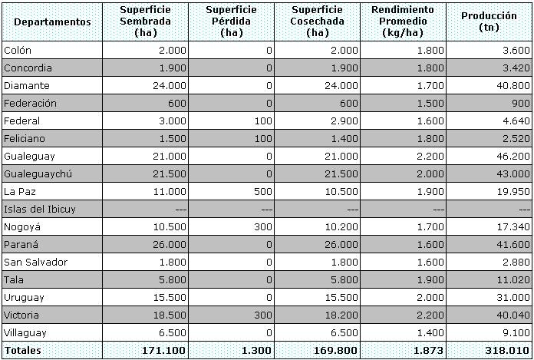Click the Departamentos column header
click(x=48, y=21)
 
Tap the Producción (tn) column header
click(x=488, y=21)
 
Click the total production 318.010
click(x=509, y=350)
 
